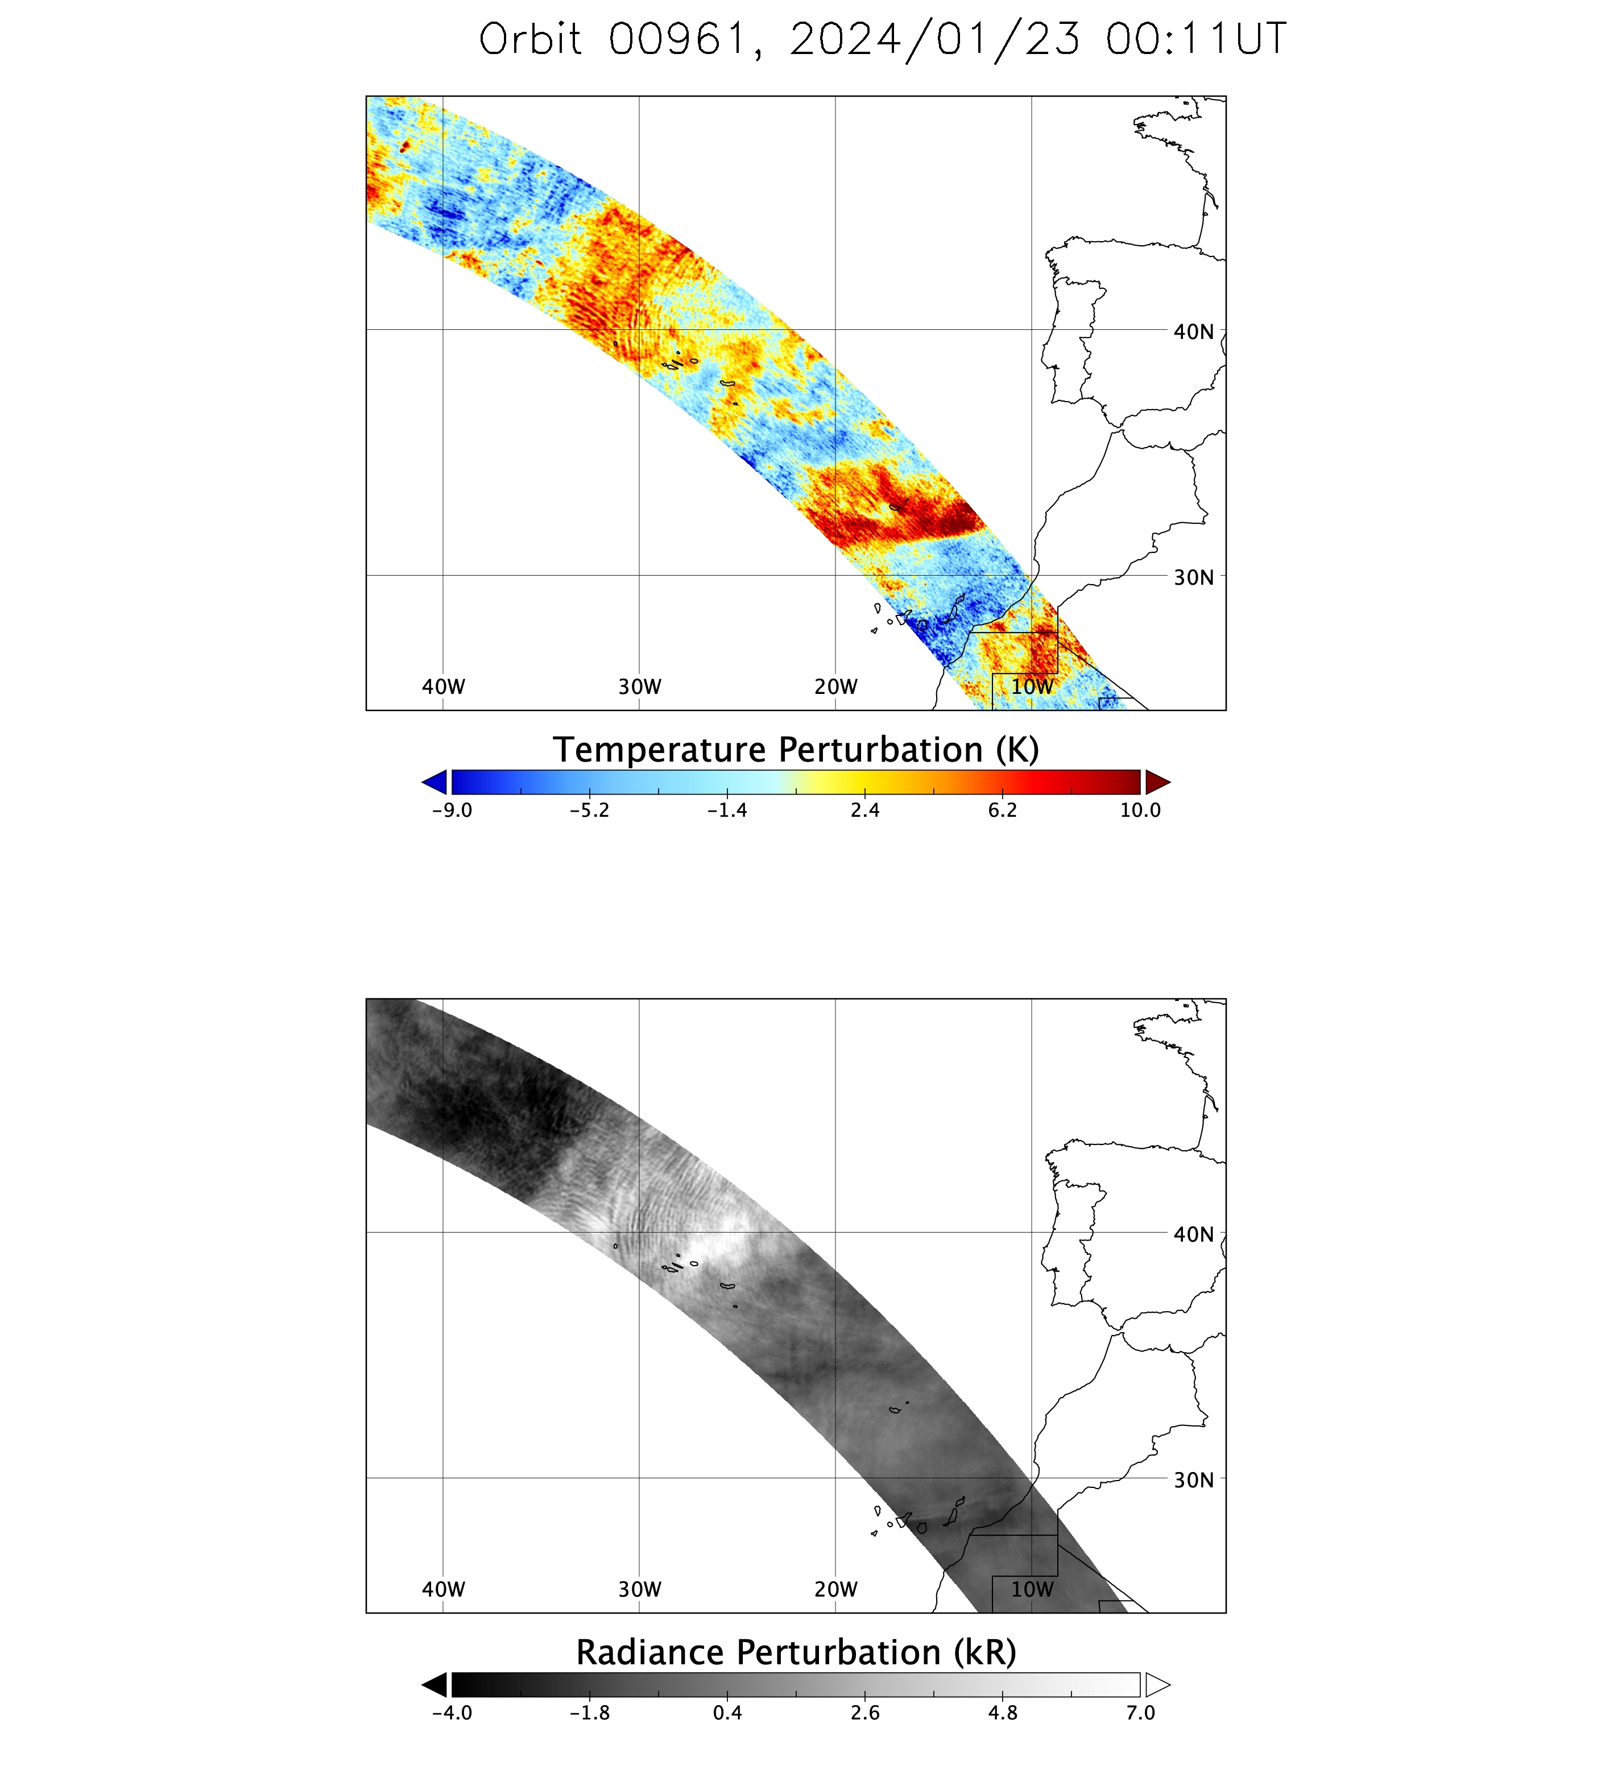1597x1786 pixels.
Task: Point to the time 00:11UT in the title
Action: coord(1196,39)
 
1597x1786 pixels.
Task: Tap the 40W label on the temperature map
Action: coord(443,687)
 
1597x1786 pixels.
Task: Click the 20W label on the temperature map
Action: coord(835,687)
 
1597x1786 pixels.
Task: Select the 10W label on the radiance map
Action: coord(1032,1589)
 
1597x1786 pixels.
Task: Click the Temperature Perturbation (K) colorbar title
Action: coord(796,750)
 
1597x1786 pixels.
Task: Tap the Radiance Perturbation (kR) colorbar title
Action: coord(796,1652)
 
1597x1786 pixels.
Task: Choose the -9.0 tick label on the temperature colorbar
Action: coord(452,810)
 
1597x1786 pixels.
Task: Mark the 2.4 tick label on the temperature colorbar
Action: coord(864,810)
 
